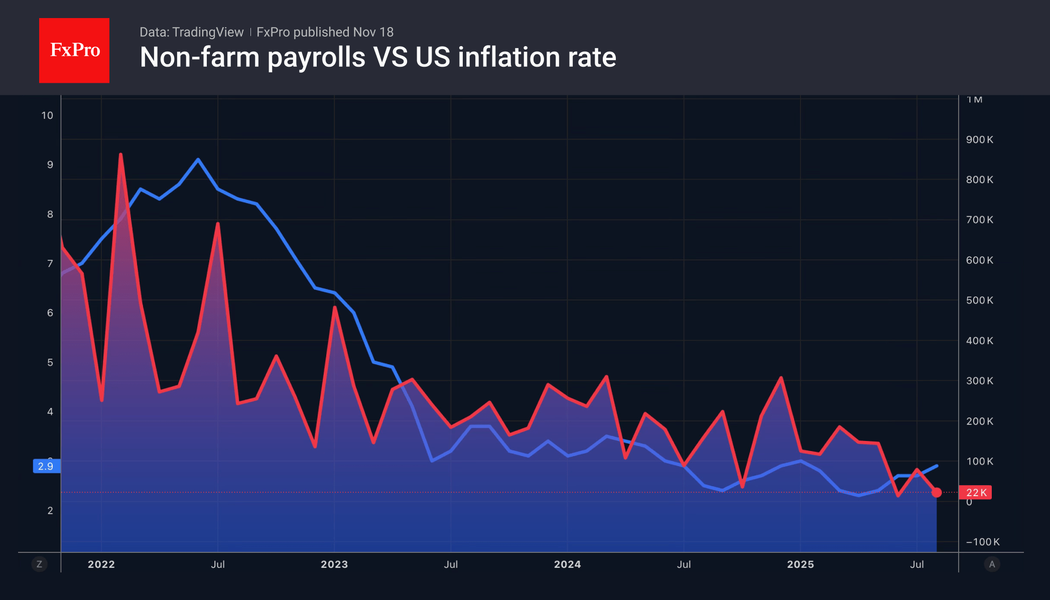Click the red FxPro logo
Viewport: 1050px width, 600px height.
click(74, 50)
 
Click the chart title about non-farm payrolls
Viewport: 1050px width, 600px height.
click(377, 57)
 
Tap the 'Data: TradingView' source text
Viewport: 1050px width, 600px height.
click(191, 32)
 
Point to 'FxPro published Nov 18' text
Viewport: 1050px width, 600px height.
click(325, 32)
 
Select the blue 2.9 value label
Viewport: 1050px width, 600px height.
click(46, 466)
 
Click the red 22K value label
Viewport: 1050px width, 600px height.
click(975, 493)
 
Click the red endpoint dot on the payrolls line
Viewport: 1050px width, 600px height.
click(937, 492)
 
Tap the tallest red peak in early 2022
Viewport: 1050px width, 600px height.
click(120, 155)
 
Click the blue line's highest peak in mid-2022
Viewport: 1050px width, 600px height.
click(198, 160)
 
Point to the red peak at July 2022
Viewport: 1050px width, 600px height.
click(217, 224)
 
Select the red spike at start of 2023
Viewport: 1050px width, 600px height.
click(334, 307)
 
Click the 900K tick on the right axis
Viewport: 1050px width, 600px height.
click(979, 139)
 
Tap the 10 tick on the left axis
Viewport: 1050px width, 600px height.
click(47, 115)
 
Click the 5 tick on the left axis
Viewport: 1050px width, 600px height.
click(50, 362)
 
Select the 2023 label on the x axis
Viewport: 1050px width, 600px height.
click(334, 564)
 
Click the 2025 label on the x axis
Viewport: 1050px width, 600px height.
click(800, 564)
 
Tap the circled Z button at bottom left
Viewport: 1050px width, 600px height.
click(39, 564)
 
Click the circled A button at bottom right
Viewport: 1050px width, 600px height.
click(992, 564)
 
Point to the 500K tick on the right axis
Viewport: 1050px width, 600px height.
click(979, 301)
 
